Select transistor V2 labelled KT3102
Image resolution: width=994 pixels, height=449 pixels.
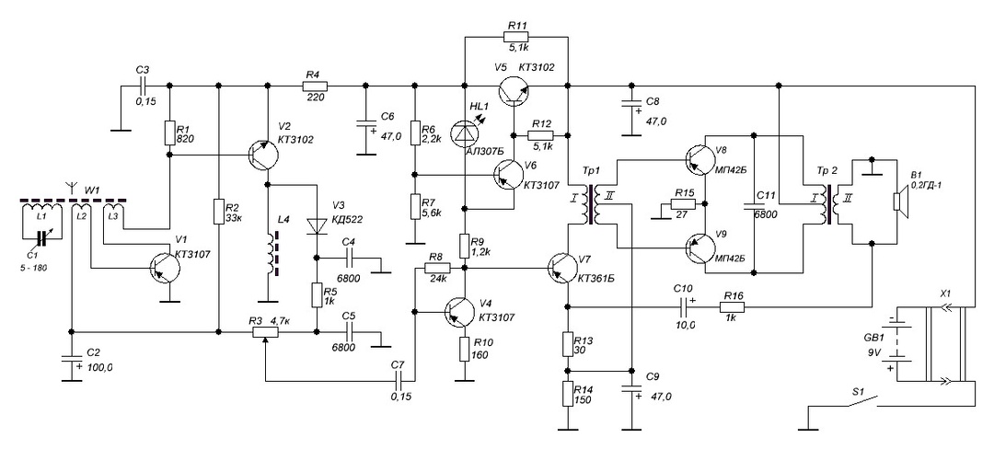262,156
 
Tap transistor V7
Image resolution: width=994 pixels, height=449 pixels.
561,267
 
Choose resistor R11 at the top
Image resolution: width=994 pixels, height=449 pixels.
516,37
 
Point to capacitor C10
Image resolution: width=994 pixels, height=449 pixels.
682,301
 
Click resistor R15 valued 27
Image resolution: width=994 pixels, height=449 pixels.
681,203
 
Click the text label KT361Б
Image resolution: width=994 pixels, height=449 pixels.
599,278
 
